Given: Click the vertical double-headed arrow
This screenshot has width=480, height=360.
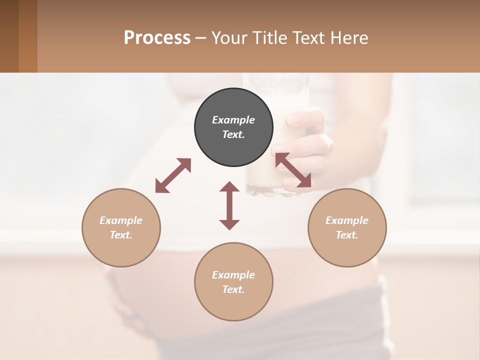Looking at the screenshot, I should pyautogui.click(x=229, y=205).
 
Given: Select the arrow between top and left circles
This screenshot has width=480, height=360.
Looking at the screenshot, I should pyautogui.click(x=173, y=175).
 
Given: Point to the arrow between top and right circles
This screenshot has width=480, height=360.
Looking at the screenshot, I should pyautogui.click(x=293, y=170).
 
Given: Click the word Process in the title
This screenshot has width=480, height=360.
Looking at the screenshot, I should pyautogui.click(x=157, y=38).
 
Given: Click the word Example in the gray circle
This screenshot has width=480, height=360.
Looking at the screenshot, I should pyautogui.click(x=233, y=120).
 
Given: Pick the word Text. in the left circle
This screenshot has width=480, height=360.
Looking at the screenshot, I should pyautogui.click(x=121, y=235).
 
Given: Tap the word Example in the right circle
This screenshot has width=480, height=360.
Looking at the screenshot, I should pyautogui.click(x=347, y=220).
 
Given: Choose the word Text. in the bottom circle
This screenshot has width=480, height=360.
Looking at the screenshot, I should pyautogui.click(x=233, y=289).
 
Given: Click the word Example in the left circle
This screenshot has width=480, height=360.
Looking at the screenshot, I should pyautogui.click(x=121, y=220).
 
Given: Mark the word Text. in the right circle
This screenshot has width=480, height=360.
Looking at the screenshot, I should pyautogui.click(x=347, y=235).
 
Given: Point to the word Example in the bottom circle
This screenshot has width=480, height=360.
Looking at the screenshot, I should pyautogui.click(x=233, y=275).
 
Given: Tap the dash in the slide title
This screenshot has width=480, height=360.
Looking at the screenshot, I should pyautogui.click(x=200, y=38).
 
